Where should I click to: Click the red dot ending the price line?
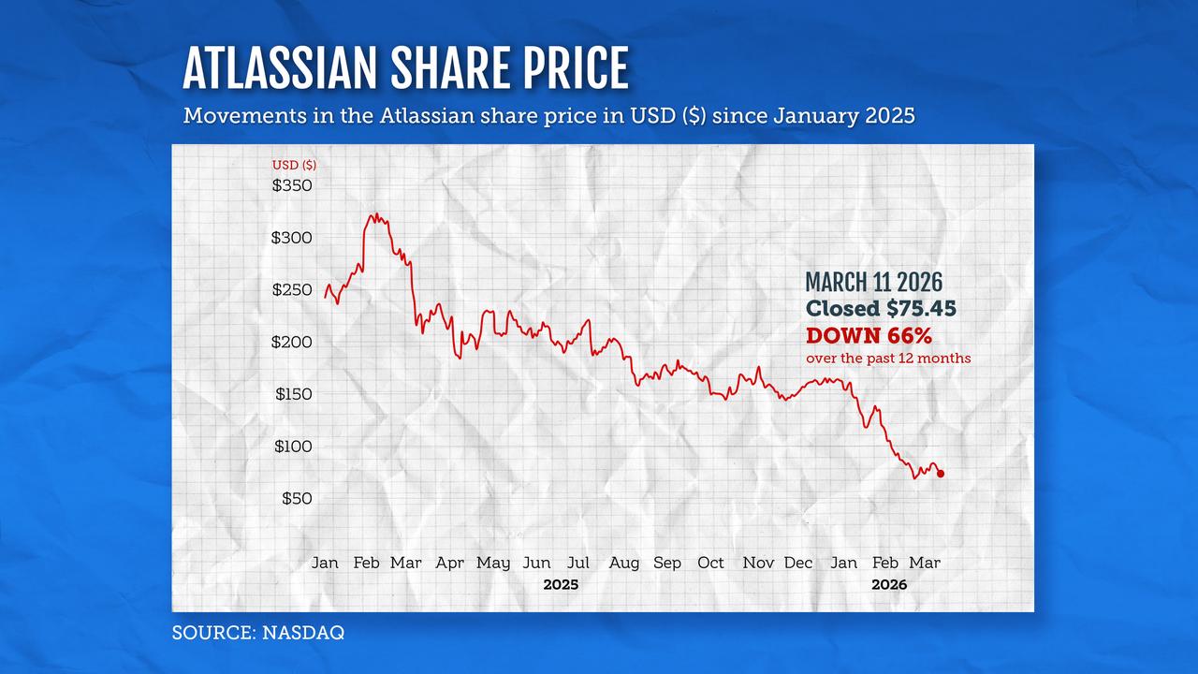[x=940, y=474]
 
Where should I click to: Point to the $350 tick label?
[x=292, y=185]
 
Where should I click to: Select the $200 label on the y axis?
[x=292, y=342]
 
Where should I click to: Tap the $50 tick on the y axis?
[x=297, y=498]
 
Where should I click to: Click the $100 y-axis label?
[x=293, y=446]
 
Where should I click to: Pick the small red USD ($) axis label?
[x=294, y=165]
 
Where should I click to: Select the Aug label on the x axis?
[x=624, y=563]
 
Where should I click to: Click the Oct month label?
[x=710, y=563]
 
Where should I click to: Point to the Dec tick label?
[x=798, y=563]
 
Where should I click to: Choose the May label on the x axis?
[x=493, y=563]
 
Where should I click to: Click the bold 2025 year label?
[x=561, y=584]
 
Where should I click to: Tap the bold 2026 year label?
[x=889, y=584]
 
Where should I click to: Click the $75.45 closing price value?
[x=916, y=309]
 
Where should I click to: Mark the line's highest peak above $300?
[x=373, y=215]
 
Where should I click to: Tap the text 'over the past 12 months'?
[x=888, y=359]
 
